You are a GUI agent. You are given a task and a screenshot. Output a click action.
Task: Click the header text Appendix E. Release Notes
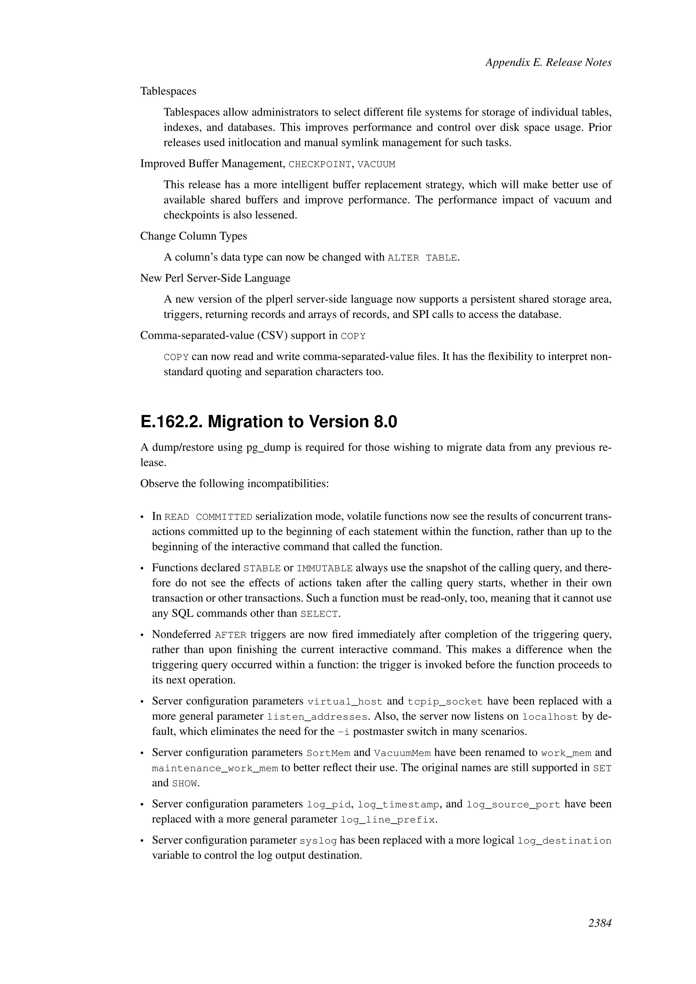(x=548, y=63)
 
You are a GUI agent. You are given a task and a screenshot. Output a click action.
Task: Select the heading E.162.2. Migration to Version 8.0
(x=269, y=422)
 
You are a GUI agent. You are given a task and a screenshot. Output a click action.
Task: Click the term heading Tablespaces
(x=168, y=91)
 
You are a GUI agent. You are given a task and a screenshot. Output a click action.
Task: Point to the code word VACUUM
(x=376, y=164)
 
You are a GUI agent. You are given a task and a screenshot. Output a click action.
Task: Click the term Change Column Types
(x=193, y=236)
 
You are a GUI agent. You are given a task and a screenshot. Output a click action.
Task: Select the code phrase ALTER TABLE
(x=422, y=258)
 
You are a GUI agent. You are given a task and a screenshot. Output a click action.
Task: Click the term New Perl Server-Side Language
(x=215, y=278)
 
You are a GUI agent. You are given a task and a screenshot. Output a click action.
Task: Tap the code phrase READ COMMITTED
(x=208, y=517)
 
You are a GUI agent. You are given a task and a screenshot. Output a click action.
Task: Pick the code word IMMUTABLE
(x=325, y=569)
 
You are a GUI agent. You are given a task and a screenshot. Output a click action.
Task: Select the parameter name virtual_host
(x=345, y=702)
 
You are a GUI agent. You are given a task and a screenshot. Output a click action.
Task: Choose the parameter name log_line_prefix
(x=388, y=820)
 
